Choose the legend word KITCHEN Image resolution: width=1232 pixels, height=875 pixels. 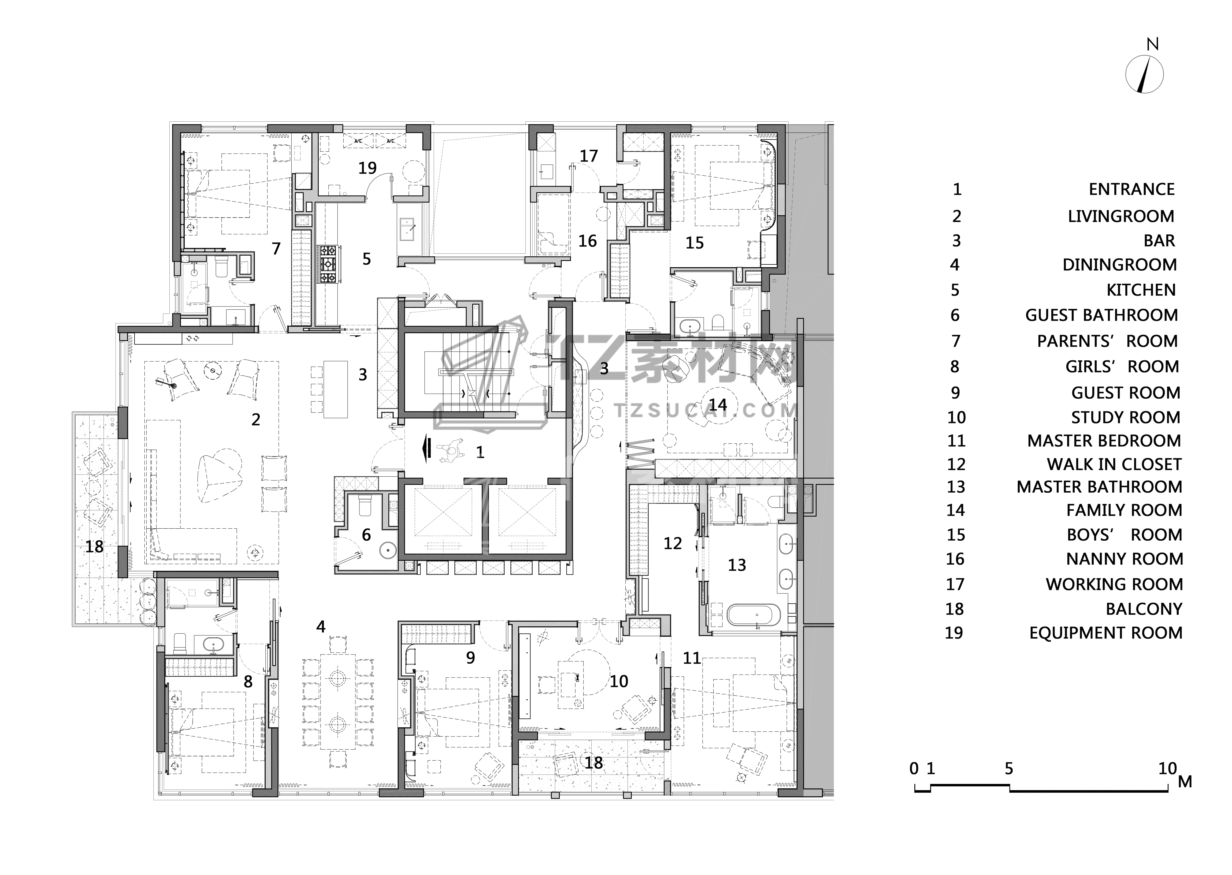point(1141,290)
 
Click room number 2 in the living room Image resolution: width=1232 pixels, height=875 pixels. point(256,419)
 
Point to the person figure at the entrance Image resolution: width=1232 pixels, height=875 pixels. point(452,450)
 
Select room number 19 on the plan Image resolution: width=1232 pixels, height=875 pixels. point(368,168)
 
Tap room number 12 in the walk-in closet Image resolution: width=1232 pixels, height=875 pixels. point(673,543)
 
